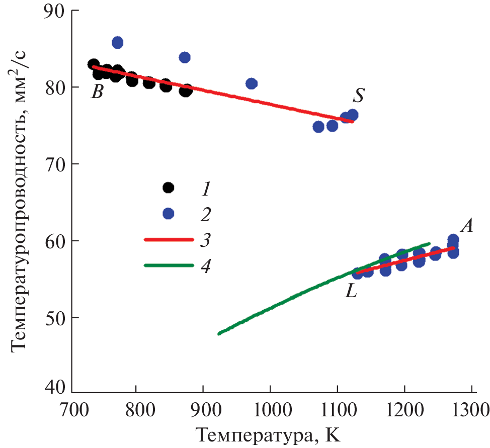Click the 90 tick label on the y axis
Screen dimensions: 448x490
[x=52, y=12]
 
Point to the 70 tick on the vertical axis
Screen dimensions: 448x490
[x=52, y=164]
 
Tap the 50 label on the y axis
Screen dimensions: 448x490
[x=52, y=318]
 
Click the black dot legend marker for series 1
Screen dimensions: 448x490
[x=169, y=188]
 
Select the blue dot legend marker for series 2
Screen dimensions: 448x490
[x=169, y=214]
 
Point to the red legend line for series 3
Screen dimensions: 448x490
[x=169, y=240]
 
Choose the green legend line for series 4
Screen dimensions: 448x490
[x=169, y=265]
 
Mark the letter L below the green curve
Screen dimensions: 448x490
[x=351, y=292]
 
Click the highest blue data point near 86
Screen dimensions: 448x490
[x=117, y=42]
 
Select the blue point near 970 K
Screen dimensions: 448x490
[x=252, y=83]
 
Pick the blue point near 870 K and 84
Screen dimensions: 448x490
[x=185, y=57]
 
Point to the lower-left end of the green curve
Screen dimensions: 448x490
[x=219, y=333]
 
